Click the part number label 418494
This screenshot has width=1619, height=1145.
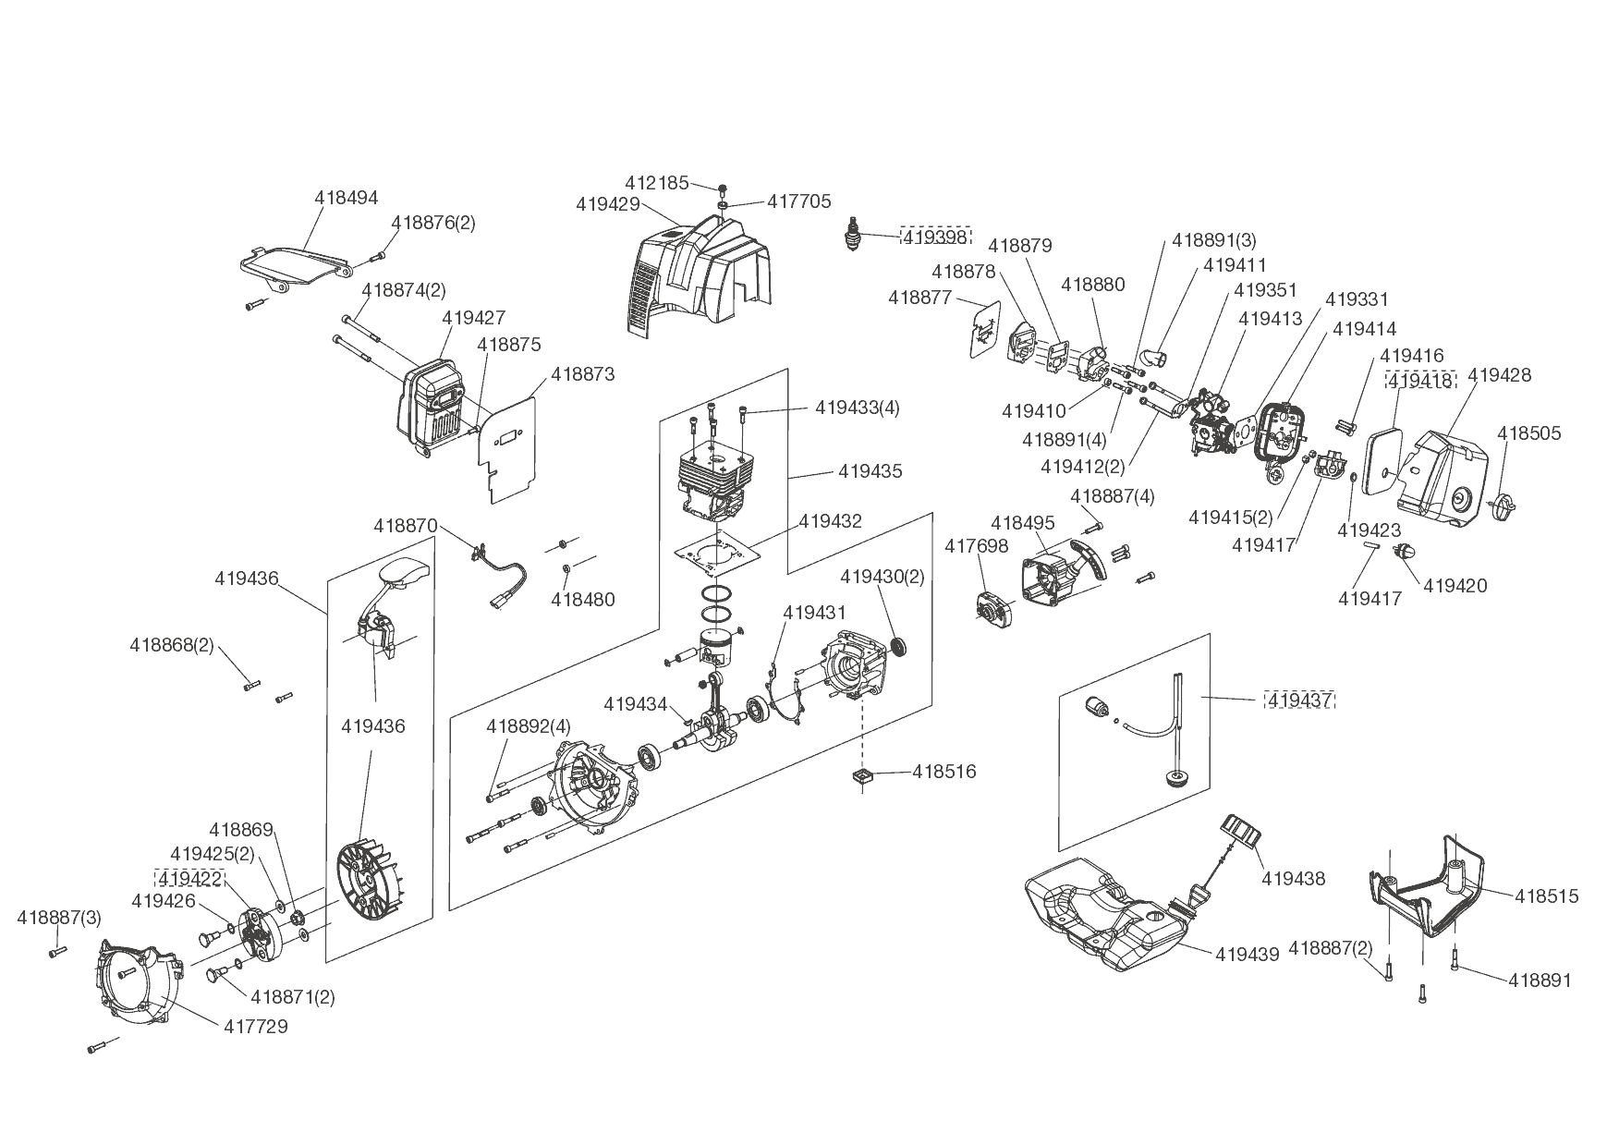347,198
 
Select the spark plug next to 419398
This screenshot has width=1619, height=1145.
855,235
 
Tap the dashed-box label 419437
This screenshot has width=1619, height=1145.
1299,700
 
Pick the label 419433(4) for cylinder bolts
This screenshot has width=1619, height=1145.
857,408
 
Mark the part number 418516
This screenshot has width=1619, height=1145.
943,772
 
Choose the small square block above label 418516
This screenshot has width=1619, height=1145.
862,777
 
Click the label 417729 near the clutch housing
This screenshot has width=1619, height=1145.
255,1026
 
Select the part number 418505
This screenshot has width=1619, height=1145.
1529,433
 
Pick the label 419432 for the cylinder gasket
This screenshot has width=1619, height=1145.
830,521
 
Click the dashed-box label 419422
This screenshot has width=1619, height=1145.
189,878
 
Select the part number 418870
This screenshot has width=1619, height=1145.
406,525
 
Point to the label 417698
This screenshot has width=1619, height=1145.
976,546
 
